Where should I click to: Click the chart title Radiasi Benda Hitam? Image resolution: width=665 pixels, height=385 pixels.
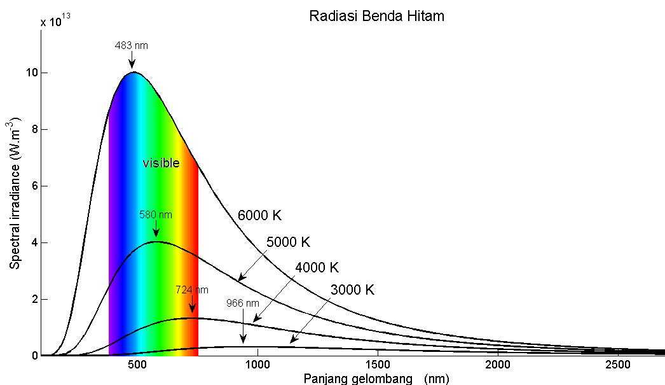pos(376,17)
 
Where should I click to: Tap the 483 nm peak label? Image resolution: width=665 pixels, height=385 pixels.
pos(131,46)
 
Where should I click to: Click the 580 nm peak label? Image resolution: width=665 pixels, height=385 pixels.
pos(156,215)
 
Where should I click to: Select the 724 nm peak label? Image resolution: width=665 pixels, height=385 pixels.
pos(192,290)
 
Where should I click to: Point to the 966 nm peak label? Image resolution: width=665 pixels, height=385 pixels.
pos(242,304)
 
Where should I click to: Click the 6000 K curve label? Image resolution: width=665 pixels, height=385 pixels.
pos(259,215)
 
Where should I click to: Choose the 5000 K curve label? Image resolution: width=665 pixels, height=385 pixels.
pos(288,242)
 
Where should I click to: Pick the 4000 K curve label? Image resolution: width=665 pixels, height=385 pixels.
pos(317,267)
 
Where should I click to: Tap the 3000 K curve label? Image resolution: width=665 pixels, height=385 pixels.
pos(352,290)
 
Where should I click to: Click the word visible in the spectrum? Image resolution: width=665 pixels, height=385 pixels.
pos(161,163)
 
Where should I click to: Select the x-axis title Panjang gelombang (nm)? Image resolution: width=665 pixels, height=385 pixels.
pos(376,379)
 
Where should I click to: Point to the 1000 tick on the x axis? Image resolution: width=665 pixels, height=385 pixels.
pos(257,365)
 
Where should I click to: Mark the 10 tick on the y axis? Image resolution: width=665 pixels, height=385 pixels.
pos(30,73)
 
